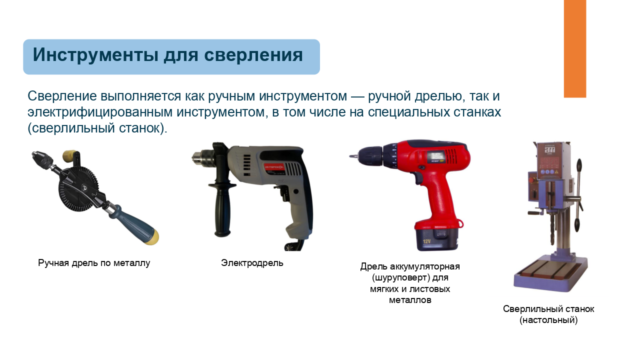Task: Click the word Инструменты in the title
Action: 95,54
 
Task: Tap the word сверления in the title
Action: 253,54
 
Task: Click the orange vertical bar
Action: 575,48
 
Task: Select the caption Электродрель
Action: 252,263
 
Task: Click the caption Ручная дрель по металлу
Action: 94,263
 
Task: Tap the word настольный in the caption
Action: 548,319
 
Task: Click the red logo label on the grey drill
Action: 273,166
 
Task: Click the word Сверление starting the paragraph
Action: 62,96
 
